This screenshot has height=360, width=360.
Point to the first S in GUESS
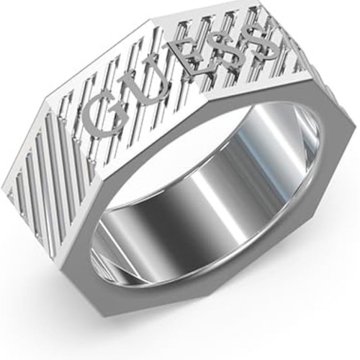click(x=225, y=53)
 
